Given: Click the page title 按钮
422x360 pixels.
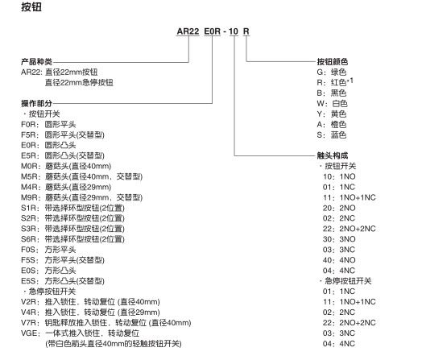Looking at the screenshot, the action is pos(31,7).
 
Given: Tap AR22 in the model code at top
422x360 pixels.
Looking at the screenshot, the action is pos(188,31).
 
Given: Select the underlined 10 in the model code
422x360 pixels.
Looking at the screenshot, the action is pos(234,31).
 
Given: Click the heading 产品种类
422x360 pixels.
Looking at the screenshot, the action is pos(36,62).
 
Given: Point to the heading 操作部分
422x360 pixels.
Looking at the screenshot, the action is pos(36,103).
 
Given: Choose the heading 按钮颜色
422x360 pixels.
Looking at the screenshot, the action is pos(333,62).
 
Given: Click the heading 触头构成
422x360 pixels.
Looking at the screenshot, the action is pos(333,155).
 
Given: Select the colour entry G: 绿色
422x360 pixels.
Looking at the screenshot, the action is pos(332,72).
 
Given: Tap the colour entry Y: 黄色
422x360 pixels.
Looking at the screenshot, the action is pos(332,114).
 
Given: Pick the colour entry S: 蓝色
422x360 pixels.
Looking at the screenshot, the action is pos(332,134).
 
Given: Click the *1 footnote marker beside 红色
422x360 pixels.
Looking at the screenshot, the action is pos(350,81).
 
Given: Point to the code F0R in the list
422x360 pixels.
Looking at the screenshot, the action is pos(28,125).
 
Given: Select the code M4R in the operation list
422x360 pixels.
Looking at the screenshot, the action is pos(29,187).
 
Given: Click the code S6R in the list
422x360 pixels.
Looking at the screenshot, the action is pos(28,239).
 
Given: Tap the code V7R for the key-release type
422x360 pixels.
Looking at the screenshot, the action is pos(28,323).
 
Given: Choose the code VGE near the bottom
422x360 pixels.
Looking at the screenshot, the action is pos(29,333).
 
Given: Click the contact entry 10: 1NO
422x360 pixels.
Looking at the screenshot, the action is pos(339,176).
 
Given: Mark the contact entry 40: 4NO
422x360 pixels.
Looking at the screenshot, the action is pos(339,260).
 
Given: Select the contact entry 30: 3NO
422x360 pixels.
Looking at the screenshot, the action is pos(339,239).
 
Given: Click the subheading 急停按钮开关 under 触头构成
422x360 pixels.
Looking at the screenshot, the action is pos(348,281).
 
